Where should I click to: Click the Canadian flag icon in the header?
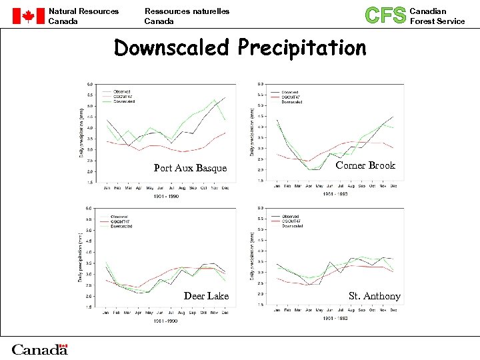pyautogui.click(x=27, y=16)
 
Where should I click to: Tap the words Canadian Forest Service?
pyautogui.click(x=437, y=16)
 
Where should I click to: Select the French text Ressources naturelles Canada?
pyautogui.click(x=187, y=16)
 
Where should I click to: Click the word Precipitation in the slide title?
pyautogui.click(x=302, y=49)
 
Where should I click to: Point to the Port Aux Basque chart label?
pyautogui.click(x=190, y=168)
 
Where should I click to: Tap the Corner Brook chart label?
pyautogui.click(x=365, y=165)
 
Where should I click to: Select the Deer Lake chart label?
pyautogui.click(x=206, y=296)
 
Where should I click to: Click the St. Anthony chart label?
pyautogui.click(x=375, y=296)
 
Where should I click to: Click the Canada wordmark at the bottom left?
pyautogui.click(x=40, y=349)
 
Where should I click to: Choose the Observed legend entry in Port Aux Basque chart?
pyautogui.click(x=123, y=91)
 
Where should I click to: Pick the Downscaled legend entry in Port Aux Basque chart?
pyautogui.click(x=124, y=101)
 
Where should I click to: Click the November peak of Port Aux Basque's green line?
pyautogui.click(x=215, y=101)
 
